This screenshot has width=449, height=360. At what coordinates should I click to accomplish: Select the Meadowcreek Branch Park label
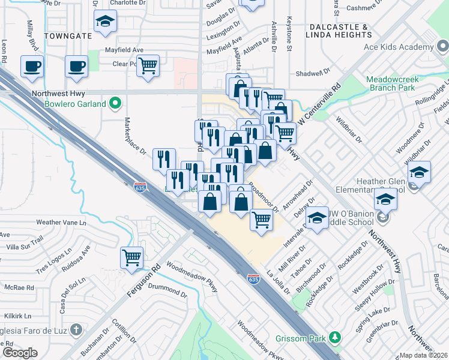coord(390,83)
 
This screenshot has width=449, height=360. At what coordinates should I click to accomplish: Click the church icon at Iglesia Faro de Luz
coord(76,329)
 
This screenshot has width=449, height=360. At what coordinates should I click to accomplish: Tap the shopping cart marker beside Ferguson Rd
coord(131,257)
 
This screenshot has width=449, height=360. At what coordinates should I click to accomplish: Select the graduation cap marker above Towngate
coord(106,22)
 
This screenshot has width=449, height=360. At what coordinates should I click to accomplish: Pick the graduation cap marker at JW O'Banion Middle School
coord(317,218)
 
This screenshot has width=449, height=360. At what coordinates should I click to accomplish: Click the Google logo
coord(20,352)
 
